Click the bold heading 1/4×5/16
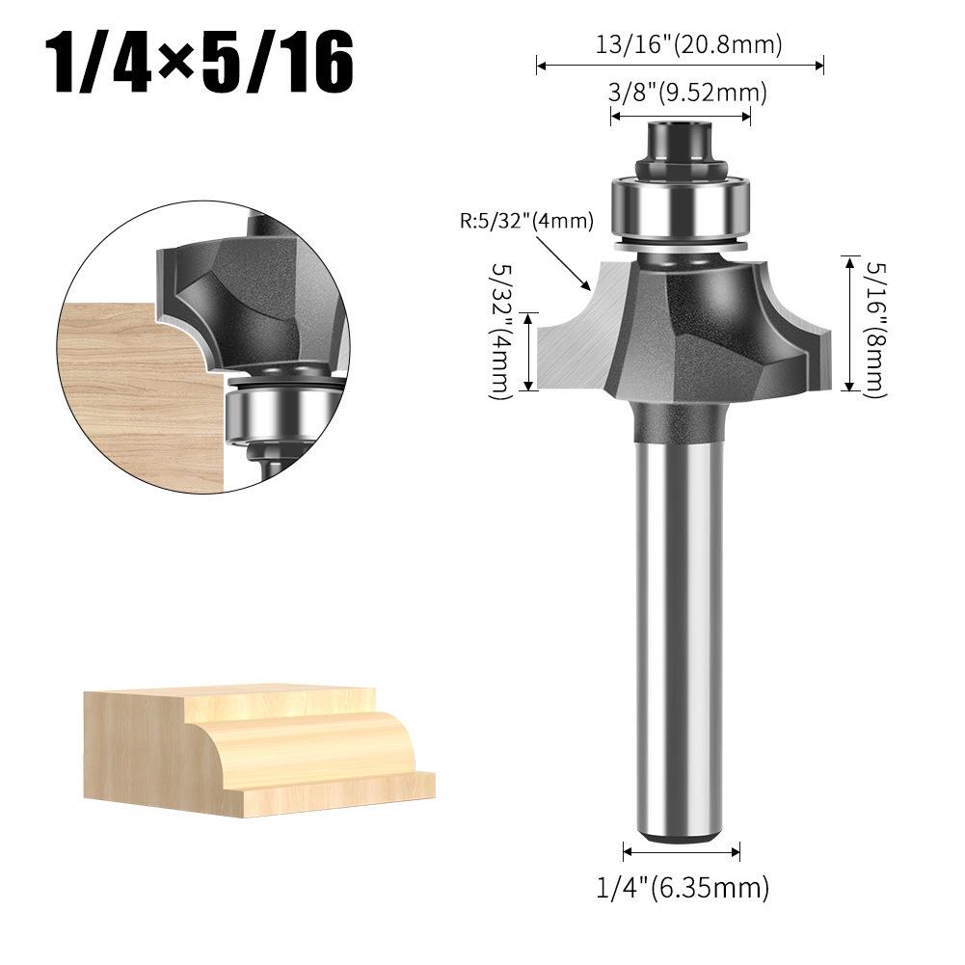tap(201, 64)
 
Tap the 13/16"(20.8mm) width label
tap(688, 44)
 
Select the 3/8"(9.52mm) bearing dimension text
tap(687, 93)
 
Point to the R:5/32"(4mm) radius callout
tap(526, 221)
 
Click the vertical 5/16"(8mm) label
tap(876, 330)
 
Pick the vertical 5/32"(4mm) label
tap(501, 332)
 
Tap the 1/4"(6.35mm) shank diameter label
tap(683, 887)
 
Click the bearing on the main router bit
tap(680, 208)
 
